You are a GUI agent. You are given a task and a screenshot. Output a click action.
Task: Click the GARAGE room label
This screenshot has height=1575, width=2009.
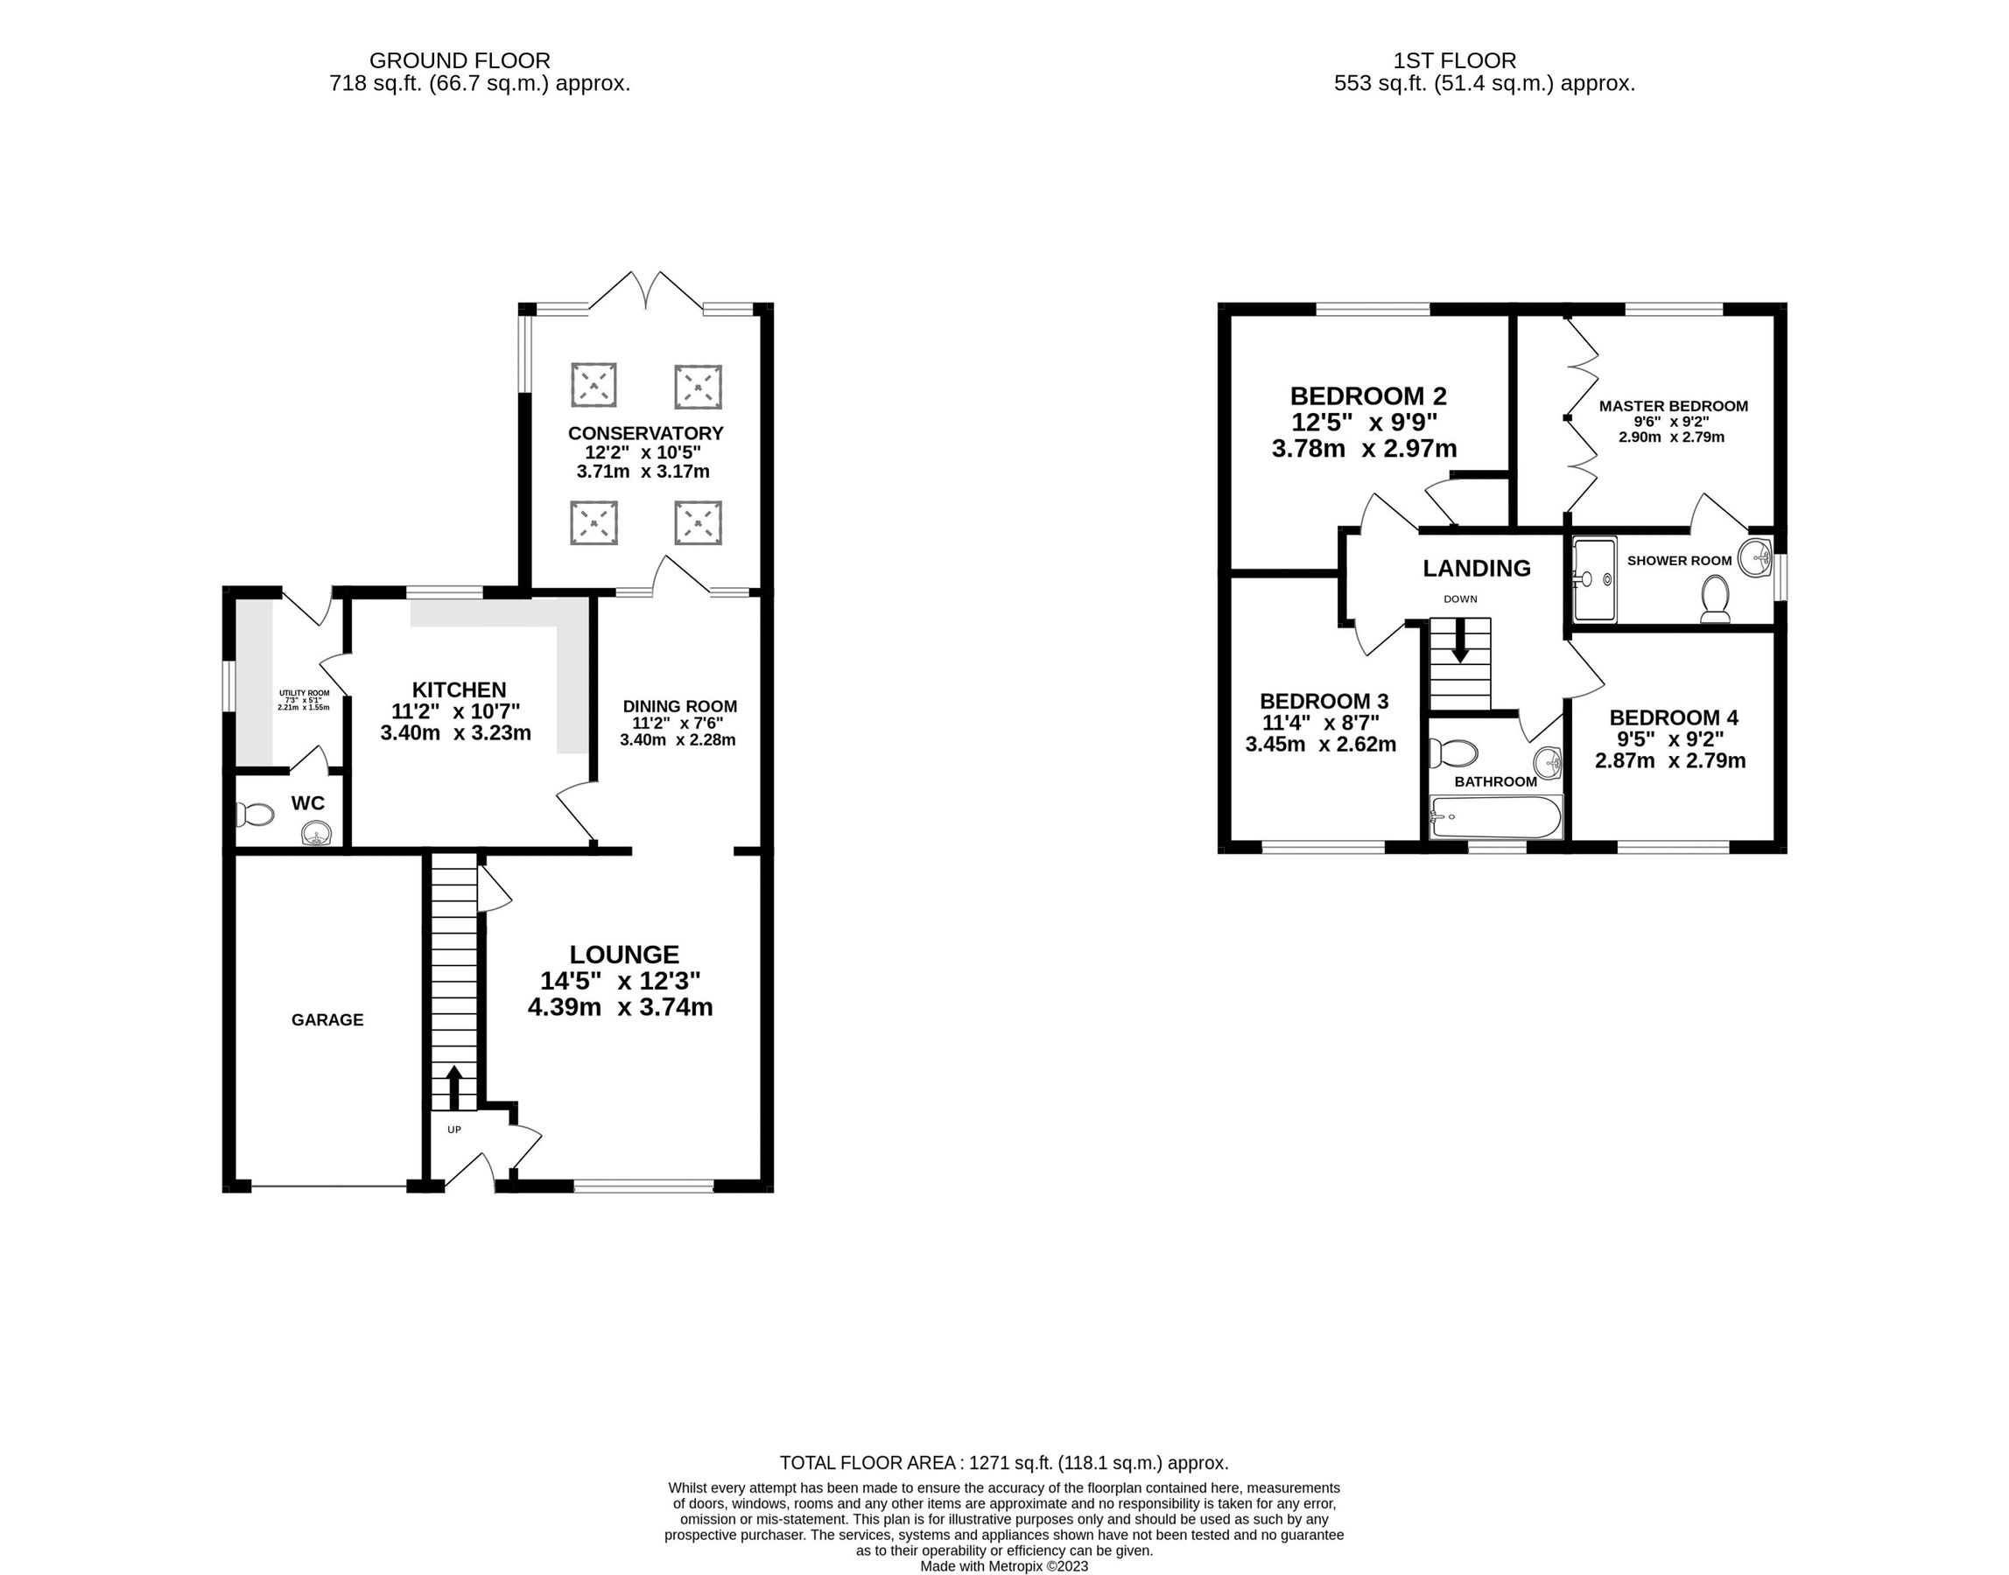[x=327, y=1020]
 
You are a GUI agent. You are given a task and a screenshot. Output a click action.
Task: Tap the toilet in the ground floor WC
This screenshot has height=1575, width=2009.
[x=256, y=815]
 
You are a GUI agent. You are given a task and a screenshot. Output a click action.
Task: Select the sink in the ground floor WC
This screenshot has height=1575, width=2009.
[x=316, y=835]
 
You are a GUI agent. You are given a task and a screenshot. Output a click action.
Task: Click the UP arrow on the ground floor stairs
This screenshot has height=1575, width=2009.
[x=454, y=1088]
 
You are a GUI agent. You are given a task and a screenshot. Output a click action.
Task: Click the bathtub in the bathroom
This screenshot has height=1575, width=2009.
[x=1496, y=817]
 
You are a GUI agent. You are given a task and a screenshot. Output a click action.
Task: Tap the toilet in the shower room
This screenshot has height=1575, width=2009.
[x=1716, y=599]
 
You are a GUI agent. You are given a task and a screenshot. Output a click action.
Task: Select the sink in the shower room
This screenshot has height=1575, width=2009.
[x=1755, y=557]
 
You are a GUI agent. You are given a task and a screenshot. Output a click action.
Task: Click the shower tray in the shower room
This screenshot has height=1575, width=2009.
[x=1595, y=579]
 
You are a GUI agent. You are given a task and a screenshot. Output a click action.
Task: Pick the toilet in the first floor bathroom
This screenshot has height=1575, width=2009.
[x=1453, y=753]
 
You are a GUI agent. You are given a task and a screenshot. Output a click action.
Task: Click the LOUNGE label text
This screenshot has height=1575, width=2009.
[x=623, y=955]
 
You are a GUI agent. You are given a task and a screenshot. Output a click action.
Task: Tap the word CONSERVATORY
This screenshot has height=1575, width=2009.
[x=646, y=433]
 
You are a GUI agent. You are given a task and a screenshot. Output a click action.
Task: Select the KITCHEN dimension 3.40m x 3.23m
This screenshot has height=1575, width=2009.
[x=456, y=733]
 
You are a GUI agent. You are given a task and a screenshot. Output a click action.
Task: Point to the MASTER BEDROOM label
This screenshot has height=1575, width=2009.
[x=1673, y=406]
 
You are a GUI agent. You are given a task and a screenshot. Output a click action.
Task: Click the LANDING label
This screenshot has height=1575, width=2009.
[x=1477, y=568]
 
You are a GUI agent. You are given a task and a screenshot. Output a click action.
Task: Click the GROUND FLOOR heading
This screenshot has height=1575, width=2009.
[x=460, y=61]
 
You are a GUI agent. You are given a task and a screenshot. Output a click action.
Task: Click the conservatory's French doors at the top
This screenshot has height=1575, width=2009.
[x=646, y=290]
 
